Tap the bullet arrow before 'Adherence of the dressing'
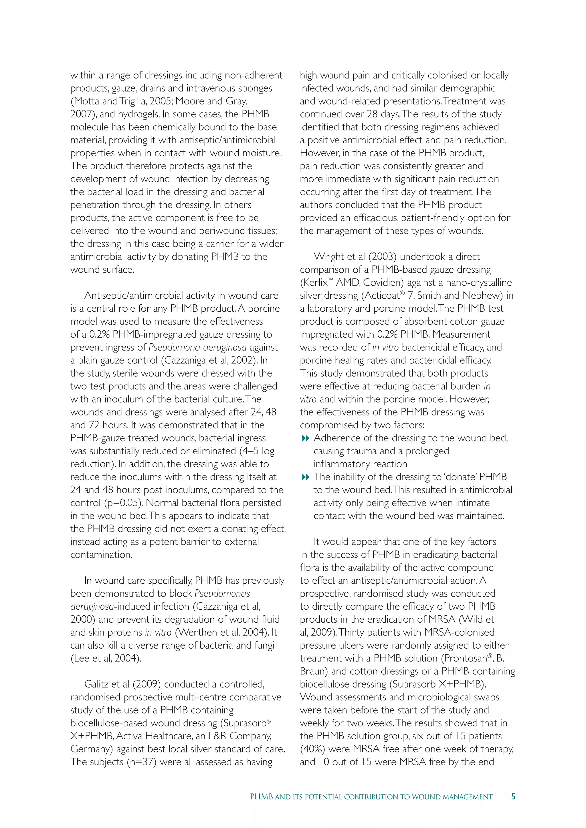pos(305,438)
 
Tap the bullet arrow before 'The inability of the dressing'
pos(305,477)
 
